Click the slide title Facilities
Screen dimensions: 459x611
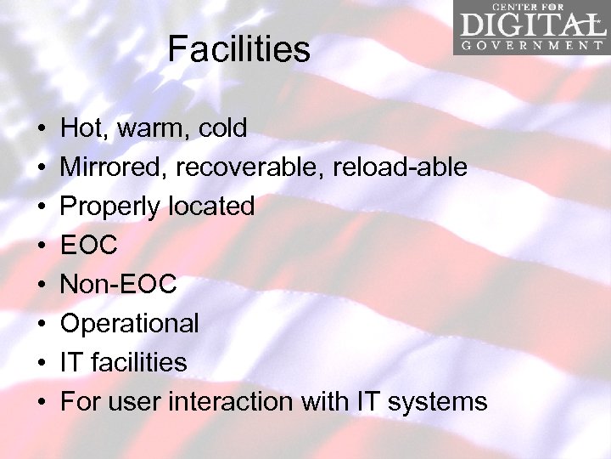coord(238,49)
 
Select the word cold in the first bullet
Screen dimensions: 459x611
coord(222,128)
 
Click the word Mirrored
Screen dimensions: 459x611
coord(113,167)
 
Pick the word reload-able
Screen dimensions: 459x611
coord(401,167)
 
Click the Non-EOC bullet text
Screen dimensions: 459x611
coord(118,284)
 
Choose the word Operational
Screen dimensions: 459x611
coord(130,323)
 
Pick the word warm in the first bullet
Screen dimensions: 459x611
coord(149,128)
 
